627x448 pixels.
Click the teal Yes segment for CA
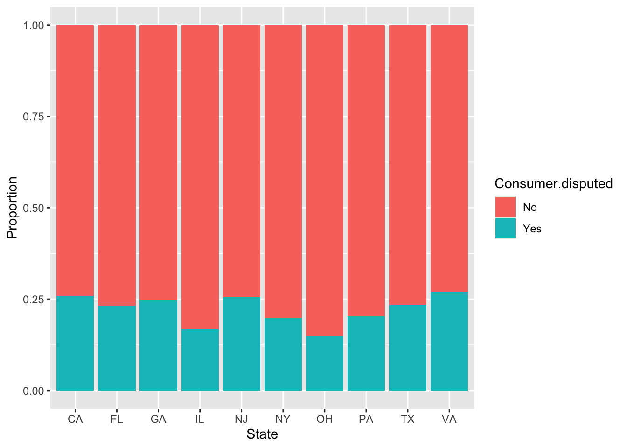click(75, 343)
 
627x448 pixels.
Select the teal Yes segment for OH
click(325, 363)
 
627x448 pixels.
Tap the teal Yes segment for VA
click(449, 341)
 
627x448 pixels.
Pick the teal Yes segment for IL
click(200, 360)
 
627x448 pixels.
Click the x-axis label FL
click(117, 419)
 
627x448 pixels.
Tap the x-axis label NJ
click(242, 419)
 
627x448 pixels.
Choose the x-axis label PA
click(366, 419)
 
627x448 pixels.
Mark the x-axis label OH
click(325, 419)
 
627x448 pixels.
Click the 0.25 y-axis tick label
click(34, 299)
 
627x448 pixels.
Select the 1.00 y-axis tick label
click(34, 25)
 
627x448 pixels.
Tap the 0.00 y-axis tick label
click(34, 391)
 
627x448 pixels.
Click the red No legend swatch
click(505, 207)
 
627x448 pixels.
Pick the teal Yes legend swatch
click(505, 229)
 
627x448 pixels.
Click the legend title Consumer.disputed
click(553, 184)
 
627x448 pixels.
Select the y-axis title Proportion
click(12, 208)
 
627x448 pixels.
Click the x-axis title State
click(262, 434)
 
